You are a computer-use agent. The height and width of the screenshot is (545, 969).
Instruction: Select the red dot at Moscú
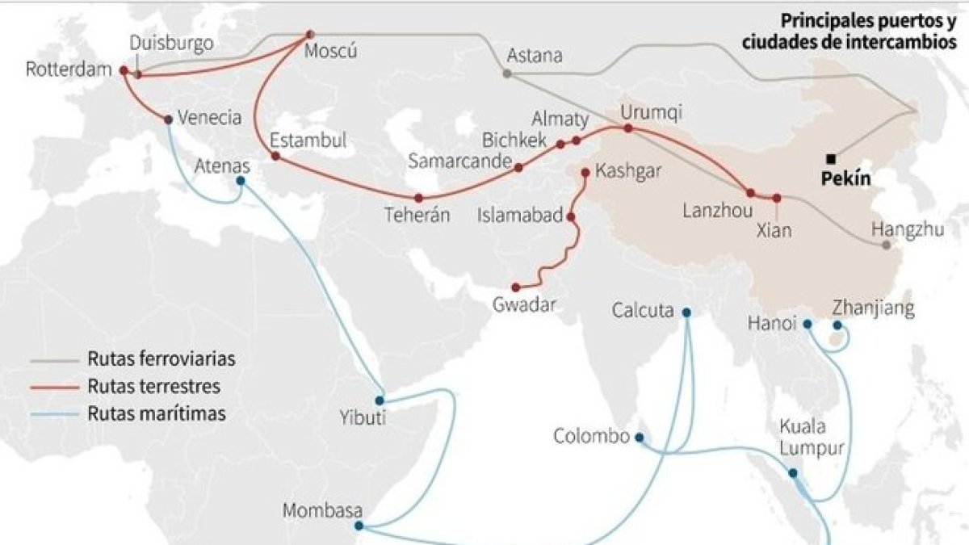tap(309, 35)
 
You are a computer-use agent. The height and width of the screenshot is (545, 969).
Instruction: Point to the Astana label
tap(535, 57)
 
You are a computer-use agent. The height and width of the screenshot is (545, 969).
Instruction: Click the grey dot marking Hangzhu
tap(886, 245)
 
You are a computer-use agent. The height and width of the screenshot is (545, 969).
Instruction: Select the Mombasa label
tap(323, 511)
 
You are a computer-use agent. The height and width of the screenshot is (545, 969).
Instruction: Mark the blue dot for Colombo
tap(640, 438)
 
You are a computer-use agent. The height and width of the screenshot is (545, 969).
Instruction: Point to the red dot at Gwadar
tap(514, 287)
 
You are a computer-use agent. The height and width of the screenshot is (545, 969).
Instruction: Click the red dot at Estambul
tap(275, 155)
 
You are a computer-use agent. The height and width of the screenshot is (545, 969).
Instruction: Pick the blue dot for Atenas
tap(241, 180)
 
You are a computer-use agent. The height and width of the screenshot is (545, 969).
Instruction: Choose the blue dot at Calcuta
tap(686, 312)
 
